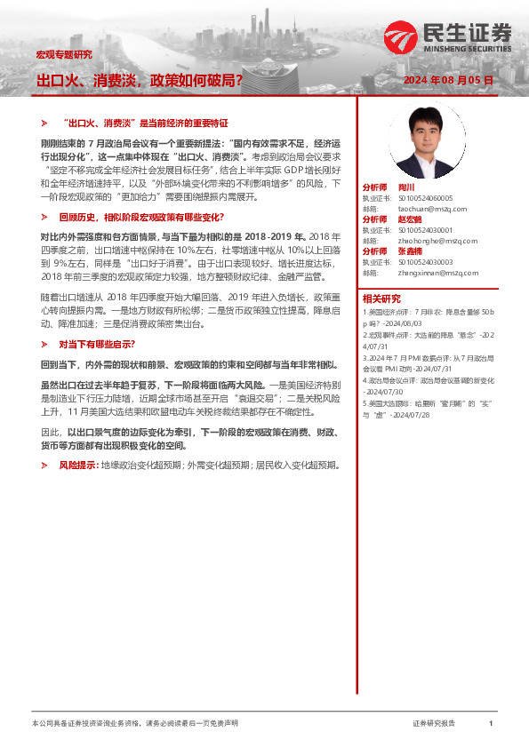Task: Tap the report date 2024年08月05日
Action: [448, 81]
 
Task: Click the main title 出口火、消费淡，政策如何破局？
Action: [140, 81]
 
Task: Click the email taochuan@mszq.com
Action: [427, 209]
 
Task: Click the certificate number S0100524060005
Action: [425, 198]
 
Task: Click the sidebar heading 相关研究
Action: [381, 298]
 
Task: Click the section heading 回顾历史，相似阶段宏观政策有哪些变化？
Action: [141, 217]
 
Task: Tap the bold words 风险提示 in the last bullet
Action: [78, 465]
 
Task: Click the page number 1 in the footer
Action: [491, 724]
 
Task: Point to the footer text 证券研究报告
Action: [434, 724]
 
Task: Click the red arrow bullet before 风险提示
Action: [45, 465]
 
